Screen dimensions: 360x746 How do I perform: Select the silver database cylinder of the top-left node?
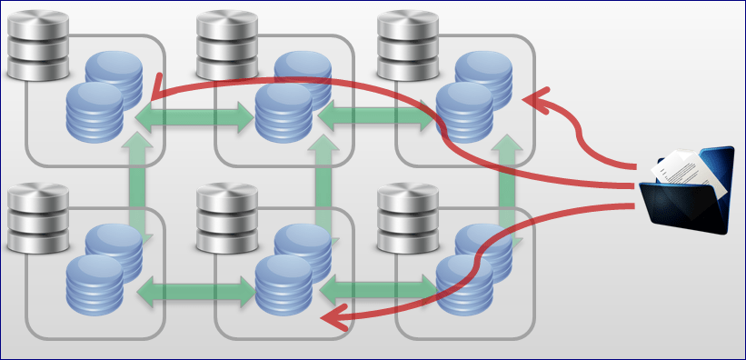point(37,43)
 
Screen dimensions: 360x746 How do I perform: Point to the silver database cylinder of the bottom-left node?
point(37,217)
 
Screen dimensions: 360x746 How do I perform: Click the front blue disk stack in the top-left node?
point(94,112)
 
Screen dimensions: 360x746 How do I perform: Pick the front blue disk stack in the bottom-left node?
point(94,285)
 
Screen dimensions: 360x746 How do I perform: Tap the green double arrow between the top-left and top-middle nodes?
point(194,115)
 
